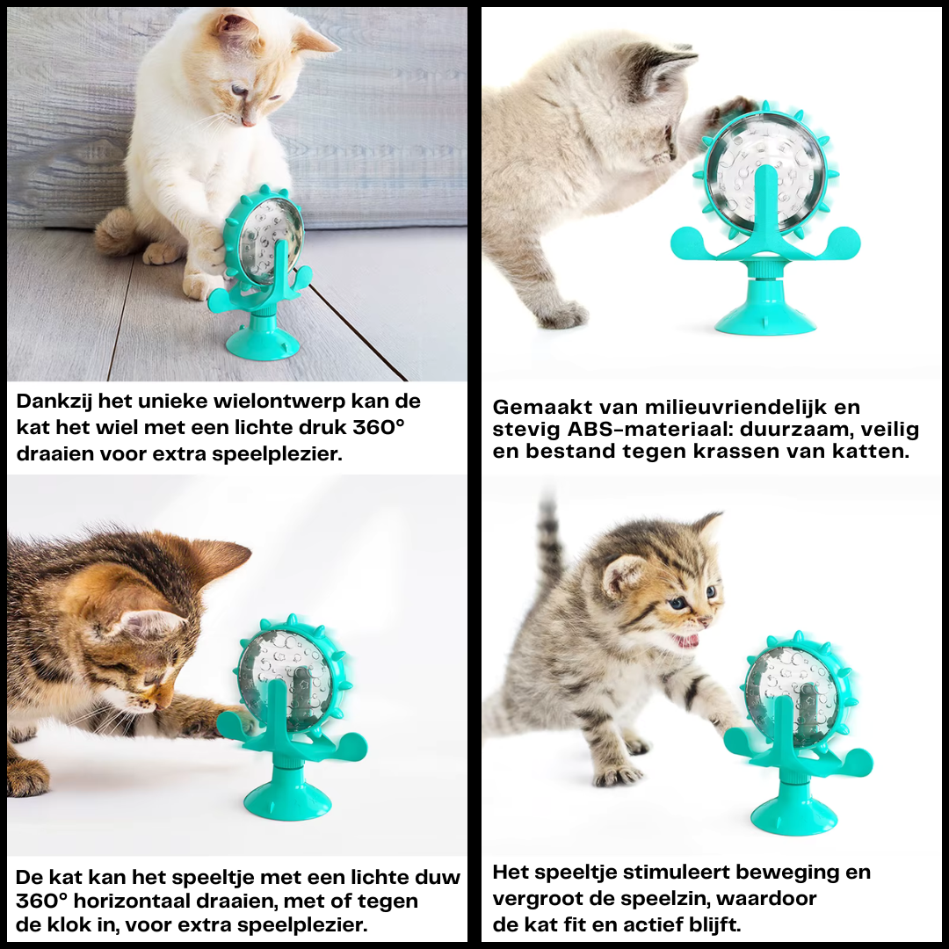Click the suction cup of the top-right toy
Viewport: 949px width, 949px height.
pos(765,316)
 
